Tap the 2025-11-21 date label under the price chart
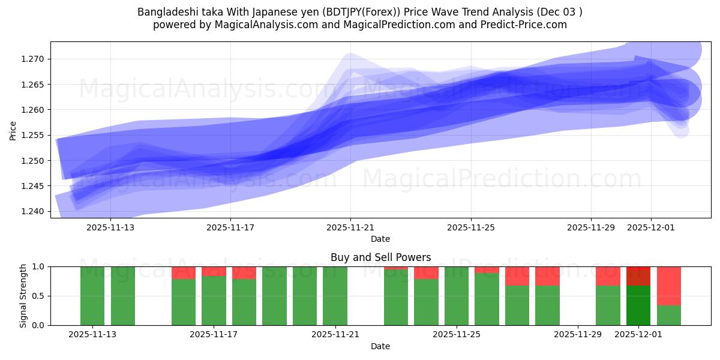pyautogui.click(x=351, y=228)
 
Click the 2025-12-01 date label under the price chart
pyautogui.click(x=651, y=228)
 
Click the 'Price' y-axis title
pyautogui.click(x=13, y=130)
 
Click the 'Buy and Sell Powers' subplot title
pyautogui.click(x=380, y=257)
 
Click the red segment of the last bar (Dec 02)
pyautogui.click(x=669, y=286)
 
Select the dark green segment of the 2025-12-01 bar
pyautogui.click(x=638, y=305)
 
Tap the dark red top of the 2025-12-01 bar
pyautogui.click(x=638, y=276)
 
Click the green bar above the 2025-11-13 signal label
pyautogui.click(x=92, y=296)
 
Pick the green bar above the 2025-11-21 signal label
pyautogui.click(x=335, y=296)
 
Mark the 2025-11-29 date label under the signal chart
pyautogui.click(x=577, y=335)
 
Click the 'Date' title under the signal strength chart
pyautogui.click(x=380, y=346)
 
